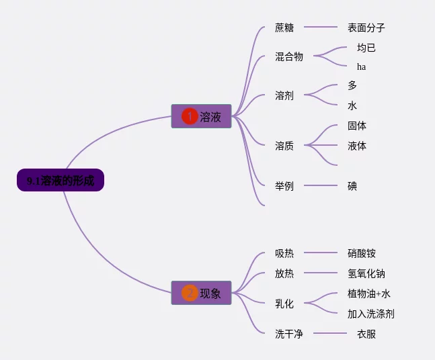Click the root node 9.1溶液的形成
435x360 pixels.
(61, 181)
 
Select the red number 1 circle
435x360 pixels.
(190, 116)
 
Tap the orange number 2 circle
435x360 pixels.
(190, 293)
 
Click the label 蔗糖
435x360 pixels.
(284, 28)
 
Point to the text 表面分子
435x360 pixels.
(366, 28)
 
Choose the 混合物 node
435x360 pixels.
(289, 56)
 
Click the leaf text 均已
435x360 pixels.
(366, 48)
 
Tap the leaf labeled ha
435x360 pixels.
(362, 66)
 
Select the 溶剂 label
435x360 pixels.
(284, 95)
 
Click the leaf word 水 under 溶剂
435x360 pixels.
(352, 105)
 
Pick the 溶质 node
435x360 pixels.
(284, 145)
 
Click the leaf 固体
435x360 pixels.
(357, 126)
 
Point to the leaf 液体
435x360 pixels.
(357, 146)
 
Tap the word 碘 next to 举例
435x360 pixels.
(352, 185)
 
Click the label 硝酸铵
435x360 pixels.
(362, 253)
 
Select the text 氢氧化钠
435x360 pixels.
(366, 273)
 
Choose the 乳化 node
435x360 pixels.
(284, 304)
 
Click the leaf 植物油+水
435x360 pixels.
(369, 294)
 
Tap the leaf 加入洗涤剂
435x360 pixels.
(371, 314)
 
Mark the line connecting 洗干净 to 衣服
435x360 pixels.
(330, 333)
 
